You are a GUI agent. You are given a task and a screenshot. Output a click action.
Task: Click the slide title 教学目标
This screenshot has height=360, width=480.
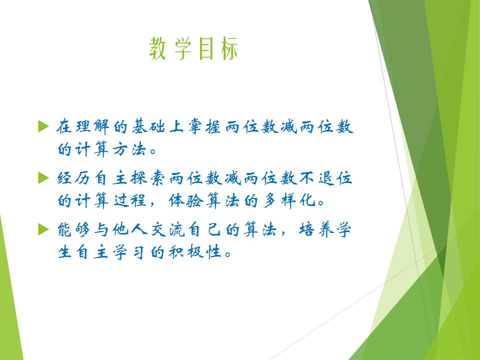coord(193,48)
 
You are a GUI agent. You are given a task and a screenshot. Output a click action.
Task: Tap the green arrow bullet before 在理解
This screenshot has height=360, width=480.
coord(43,126)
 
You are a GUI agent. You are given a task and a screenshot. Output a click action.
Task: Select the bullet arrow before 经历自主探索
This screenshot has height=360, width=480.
coord(43,178)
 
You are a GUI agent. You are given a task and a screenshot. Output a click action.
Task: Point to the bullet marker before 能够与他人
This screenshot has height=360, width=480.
coord(43,229)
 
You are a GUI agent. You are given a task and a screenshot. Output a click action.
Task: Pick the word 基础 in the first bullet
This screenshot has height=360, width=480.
coord(148,126)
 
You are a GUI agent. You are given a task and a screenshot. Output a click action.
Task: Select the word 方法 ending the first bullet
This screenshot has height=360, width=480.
coord(130,149)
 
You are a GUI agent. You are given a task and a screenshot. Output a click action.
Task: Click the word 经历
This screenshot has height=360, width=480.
coord(74,178)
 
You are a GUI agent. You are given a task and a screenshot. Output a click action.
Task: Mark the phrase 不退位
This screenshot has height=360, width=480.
coord(325,178)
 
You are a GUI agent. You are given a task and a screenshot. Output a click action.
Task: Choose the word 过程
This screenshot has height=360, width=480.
coord(130,201)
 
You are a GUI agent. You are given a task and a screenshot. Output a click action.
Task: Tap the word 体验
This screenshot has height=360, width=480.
coord(185,201)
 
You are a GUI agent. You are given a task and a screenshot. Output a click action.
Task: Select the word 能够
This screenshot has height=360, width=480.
coord(74,229)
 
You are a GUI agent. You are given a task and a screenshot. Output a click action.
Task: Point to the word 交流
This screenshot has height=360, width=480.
coord(168,229)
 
